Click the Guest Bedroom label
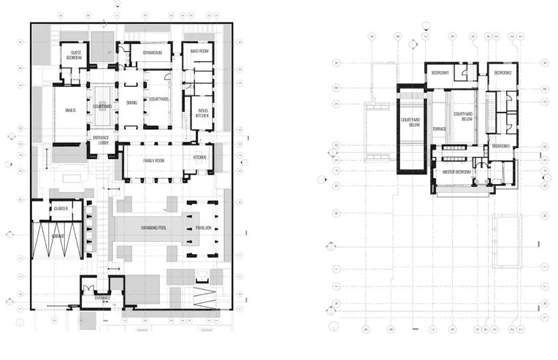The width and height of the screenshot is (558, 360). pos(74,55)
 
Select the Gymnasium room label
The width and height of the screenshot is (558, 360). pos(152,53)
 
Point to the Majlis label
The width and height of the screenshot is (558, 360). pos(70,111)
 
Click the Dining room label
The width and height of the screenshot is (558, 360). pos(131,103)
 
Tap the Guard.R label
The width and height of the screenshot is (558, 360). pos(60,210)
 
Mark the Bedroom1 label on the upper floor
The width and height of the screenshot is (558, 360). pos(440,73)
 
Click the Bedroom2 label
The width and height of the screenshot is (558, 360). pos(502,73)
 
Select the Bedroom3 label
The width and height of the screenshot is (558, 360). pos(500,146)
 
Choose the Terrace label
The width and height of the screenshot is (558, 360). pos(439,129)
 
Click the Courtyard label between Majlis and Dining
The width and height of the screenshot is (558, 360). pos(102,107)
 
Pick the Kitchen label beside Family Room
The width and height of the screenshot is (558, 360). pos(199,158)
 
